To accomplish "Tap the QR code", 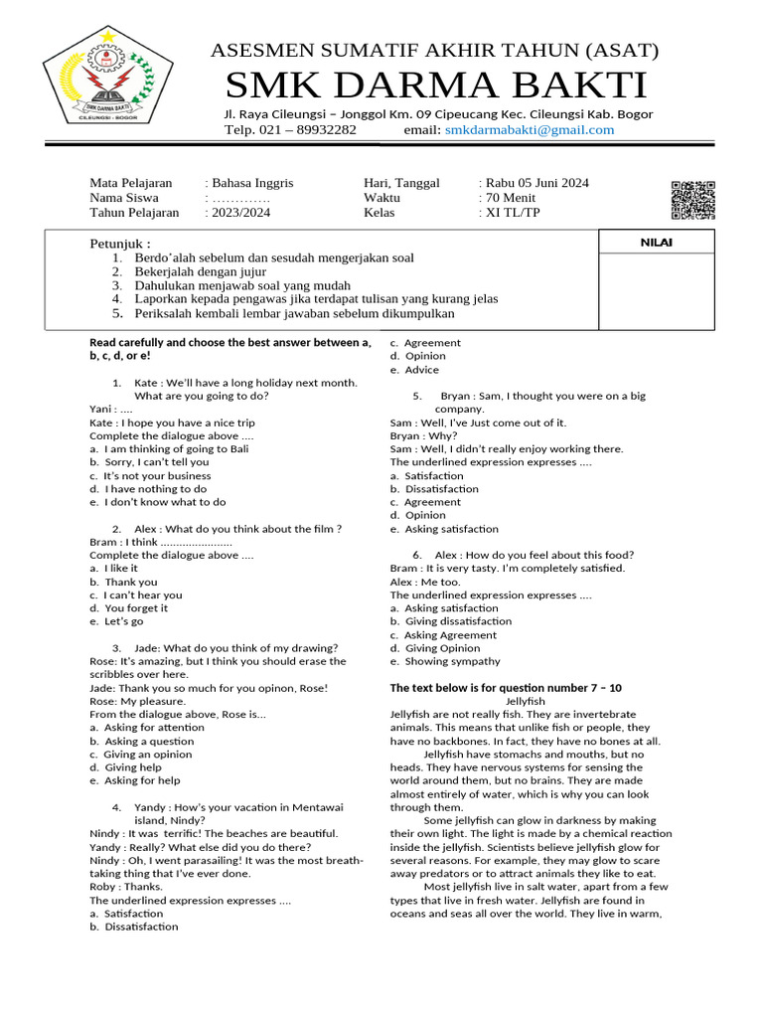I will pos(692,200).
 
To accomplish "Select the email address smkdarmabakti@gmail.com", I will pos(530,130).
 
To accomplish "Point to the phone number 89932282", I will pos(321,130).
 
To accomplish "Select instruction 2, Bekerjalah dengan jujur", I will pos(200,271).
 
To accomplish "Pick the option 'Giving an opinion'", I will pos(154,754).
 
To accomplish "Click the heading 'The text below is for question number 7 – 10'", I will pos(506,688).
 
